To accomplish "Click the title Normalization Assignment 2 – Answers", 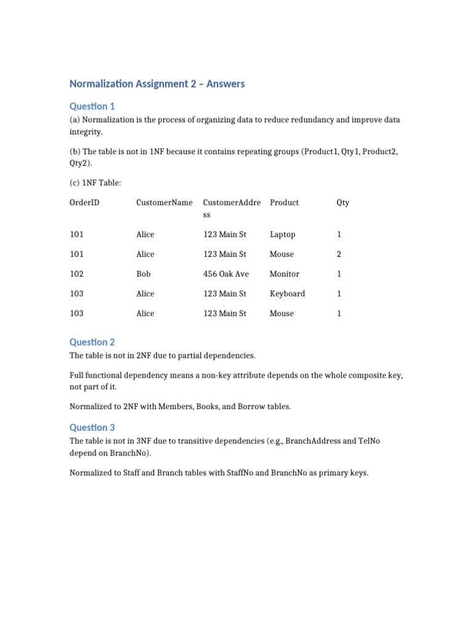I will coord(157,84).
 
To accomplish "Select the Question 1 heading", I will coord(92,106).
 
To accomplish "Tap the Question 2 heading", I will coord(92,342).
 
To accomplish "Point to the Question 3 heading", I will coord(92,427).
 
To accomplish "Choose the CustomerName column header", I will coord(164,203).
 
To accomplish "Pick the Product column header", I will coord(284,203).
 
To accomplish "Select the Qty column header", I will coord(342,203).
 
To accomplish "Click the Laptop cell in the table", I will coord(282,235).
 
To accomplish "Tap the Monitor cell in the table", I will coord(285,274).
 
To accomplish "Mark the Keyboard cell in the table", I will coord(287,294).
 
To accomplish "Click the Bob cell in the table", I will coord(144,274).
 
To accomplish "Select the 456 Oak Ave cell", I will coord(226,274).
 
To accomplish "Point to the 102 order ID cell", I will coord(77,274).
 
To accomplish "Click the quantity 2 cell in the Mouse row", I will coord(339,254).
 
